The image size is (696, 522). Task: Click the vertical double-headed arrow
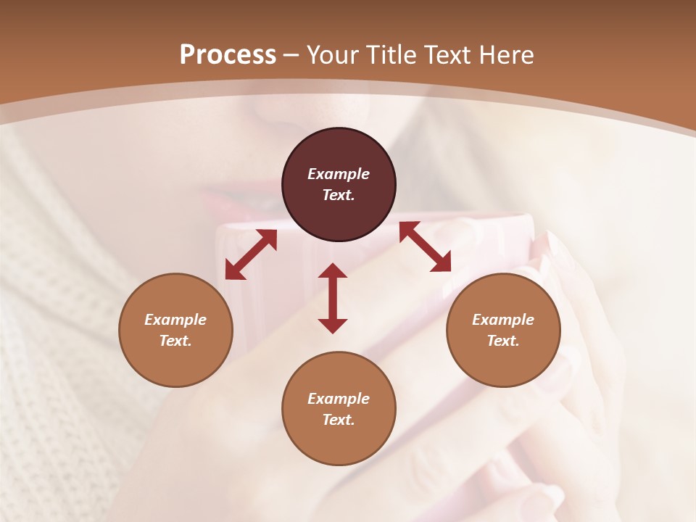point(333,298)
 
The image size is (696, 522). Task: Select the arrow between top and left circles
point(251,254)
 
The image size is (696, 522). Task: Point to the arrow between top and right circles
point(425,246)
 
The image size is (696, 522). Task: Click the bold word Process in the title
point(228,55)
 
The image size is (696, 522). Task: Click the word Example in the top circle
point(339,174)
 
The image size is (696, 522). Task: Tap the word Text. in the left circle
point(175,341)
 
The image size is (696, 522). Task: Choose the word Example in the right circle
point(503,320)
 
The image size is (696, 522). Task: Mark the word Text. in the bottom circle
point(339,420)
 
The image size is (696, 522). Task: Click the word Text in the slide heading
point(447,55)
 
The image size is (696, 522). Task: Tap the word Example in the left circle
point(175,320)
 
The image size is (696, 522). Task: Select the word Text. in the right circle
point(503,341)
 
